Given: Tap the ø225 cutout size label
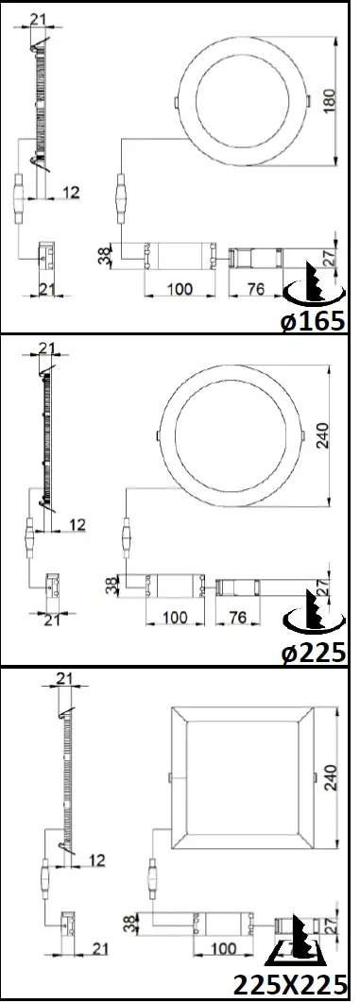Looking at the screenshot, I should coord(314,652).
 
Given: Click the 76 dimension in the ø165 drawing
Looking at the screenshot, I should coord(254,288).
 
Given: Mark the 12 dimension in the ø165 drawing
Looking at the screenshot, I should coord(71,192).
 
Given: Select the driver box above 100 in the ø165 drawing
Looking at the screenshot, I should coord(179,256).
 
